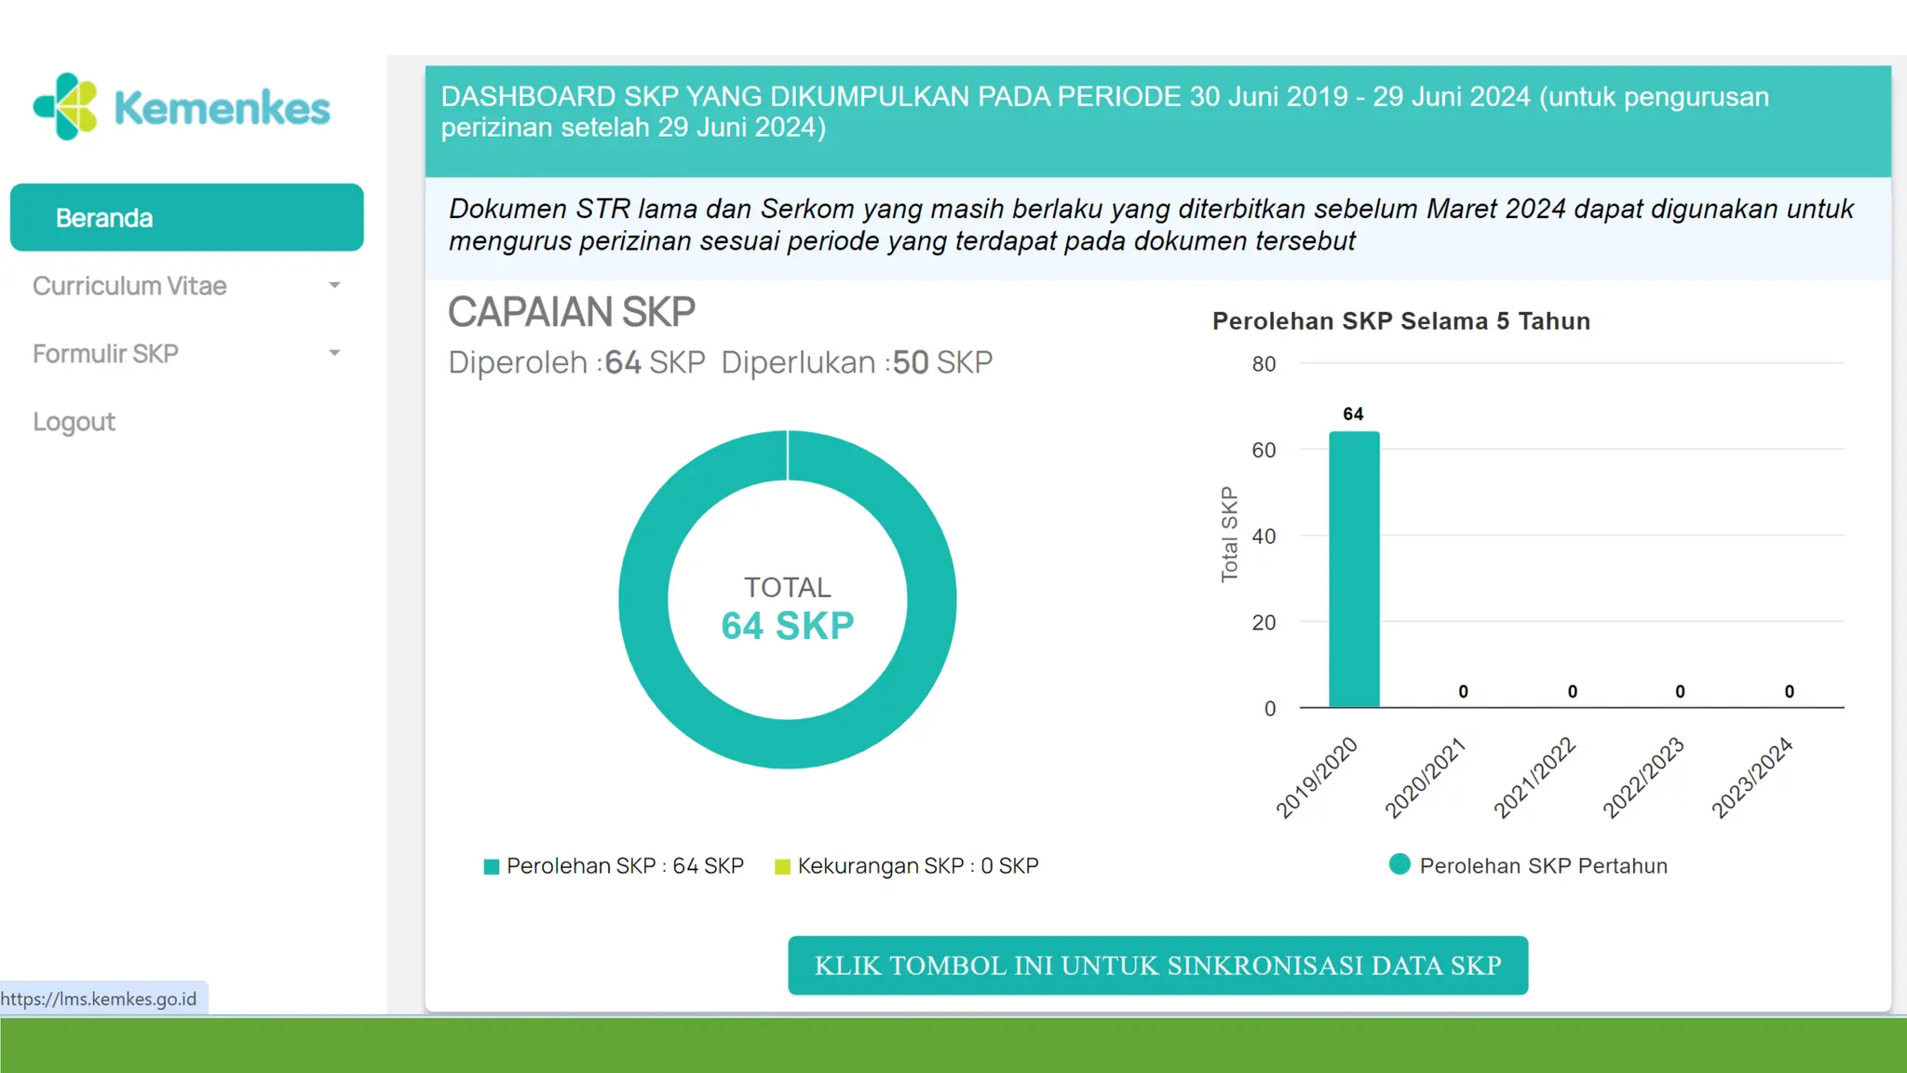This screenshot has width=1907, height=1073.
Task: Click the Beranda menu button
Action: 186,218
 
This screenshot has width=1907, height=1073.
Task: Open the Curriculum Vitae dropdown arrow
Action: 334,285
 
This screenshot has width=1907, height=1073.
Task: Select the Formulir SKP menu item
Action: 105,354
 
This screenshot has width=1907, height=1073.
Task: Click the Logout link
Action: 74,422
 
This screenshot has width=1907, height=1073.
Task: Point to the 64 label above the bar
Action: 1353,414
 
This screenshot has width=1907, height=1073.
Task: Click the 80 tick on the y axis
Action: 1264,364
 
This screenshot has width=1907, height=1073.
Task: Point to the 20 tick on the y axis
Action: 1264,622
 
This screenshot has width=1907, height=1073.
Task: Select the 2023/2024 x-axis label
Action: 1752,778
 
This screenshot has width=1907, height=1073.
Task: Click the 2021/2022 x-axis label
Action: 1535,778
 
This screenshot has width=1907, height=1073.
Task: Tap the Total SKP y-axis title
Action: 1229,535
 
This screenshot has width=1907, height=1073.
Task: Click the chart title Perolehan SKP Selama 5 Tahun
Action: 1400,321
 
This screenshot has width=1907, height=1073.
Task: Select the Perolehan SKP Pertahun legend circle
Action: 1400,864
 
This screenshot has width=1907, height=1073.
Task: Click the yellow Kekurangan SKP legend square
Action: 782,867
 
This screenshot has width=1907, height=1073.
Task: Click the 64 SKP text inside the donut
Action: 787,626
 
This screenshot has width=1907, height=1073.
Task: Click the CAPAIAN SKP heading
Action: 571,312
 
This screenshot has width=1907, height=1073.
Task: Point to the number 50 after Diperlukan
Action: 911,362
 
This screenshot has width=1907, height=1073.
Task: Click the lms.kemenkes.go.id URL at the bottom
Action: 99,999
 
